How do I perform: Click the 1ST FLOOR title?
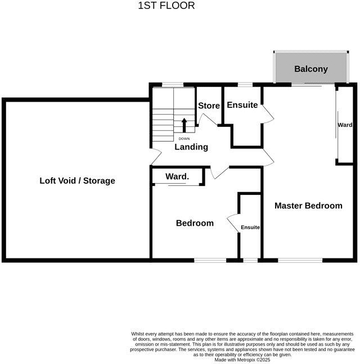coord(166,6)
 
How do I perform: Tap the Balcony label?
coord(310,69)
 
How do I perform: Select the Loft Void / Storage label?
coord(77,181)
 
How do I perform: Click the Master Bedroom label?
coord(308,206)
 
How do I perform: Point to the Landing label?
coord(191,147)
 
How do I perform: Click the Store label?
coord(209,106)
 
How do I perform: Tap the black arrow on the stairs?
coord(184,125)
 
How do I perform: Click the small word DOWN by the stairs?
coord(184,138)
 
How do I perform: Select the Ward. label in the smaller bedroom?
coord(177,177)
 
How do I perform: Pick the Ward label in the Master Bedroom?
coord(345,125)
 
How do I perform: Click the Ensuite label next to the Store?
coord(242,105)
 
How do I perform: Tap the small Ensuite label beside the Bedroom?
coord(250,227)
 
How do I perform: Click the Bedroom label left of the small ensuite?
coord(195,223)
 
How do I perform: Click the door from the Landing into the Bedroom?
coord(218,172)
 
